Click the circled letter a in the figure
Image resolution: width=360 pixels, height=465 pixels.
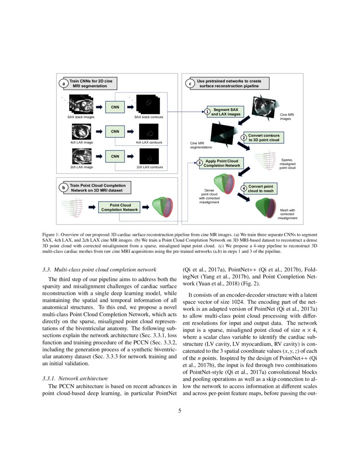click(64, 84)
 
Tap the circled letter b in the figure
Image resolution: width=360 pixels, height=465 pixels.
click(64, 188)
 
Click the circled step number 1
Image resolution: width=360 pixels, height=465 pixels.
click(207, 112)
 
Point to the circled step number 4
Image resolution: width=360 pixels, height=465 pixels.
click(244, 189)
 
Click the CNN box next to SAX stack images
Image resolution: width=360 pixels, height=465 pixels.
click(115, 107)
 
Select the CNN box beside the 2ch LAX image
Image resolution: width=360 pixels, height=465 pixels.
click(115, 156)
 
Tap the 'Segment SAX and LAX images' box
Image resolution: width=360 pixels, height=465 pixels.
click(226, 112)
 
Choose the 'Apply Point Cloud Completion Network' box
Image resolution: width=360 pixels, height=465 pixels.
click(222, 163)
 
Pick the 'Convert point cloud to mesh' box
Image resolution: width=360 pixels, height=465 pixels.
click(260, 189)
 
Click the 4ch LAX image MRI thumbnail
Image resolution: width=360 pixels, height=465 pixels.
click(81, 132)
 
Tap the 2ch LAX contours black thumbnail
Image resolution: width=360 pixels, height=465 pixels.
click(149, 156)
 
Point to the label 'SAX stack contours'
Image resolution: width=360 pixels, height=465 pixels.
click(149, 117)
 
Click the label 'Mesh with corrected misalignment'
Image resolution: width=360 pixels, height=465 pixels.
click(287, 214)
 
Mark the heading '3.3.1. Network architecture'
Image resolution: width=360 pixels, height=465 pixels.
click(75, 378)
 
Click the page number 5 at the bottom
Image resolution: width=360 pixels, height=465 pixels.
click(180, 410)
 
